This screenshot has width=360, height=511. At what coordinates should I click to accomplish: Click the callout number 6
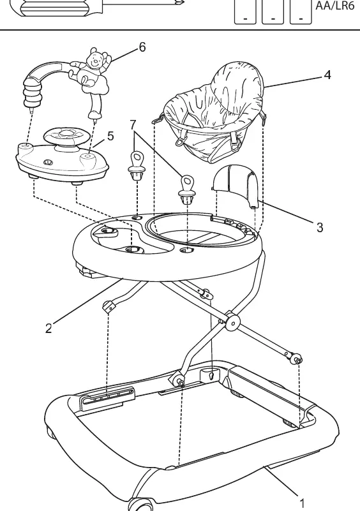click(142, 47)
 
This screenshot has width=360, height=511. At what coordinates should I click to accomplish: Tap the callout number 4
click(327, 75)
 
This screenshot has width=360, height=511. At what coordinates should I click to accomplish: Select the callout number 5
click(110, 136)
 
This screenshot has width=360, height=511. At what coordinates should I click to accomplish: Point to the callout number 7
click(133, 125)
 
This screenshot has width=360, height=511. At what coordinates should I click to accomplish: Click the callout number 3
click(320, 227)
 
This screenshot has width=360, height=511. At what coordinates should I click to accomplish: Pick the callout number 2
click(49, 328)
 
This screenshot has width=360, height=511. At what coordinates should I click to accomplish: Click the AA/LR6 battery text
click(335, 6)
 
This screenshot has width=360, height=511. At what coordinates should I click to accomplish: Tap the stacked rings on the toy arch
click(33, 94)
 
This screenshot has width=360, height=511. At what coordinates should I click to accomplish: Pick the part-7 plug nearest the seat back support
click(187, 189)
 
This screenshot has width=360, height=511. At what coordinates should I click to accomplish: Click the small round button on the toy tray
click(49, 161)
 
